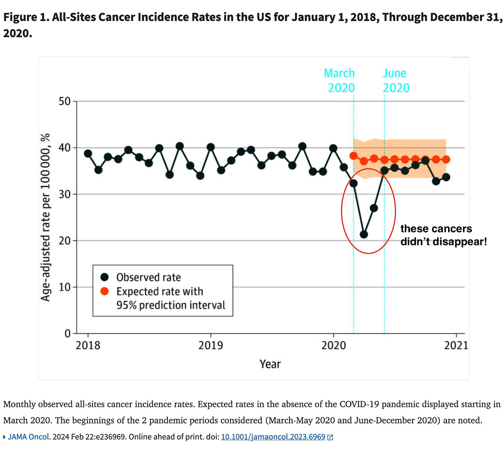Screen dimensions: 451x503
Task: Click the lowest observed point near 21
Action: (363, 234)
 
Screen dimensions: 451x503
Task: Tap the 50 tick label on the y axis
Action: (65, 101)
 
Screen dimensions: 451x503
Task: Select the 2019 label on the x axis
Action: (210, 345)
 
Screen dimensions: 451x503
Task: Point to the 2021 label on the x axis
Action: (456, 345)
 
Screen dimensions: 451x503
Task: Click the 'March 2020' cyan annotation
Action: (340, 81)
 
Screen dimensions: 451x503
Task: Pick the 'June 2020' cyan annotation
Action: (396, 81)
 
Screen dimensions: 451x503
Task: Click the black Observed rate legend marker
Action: (104, 277)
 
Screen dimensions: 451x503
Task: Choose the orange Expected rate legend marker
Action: (104, 291)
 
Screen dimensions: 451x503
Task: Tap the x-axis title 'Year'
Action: (270, 364)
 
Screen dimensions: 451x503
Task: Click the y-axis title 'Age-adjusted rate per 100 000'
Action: (46, 217)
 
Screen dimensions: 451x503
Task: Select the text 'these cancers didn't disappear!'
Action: (443, 235)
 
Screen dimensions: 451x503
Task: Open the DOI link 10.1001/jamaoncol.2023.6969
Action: (273, 437)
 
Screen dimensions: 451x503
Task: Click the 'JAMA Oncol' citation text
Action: (28, 437)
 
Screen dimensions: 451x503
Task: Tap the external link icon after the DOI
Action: (330, 437)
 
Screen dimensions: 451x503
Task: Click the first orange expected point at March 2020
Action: (353, 156)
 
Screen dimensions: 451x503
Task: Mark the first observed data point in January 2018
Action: (88, 153)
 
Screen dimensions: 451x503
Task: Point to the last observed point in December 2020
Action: (446, 177)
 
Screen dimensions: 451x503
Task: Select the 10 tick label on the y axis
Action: (65, 287)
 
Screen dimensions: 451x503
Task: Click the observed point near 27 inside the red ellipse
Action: (373, 208)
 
